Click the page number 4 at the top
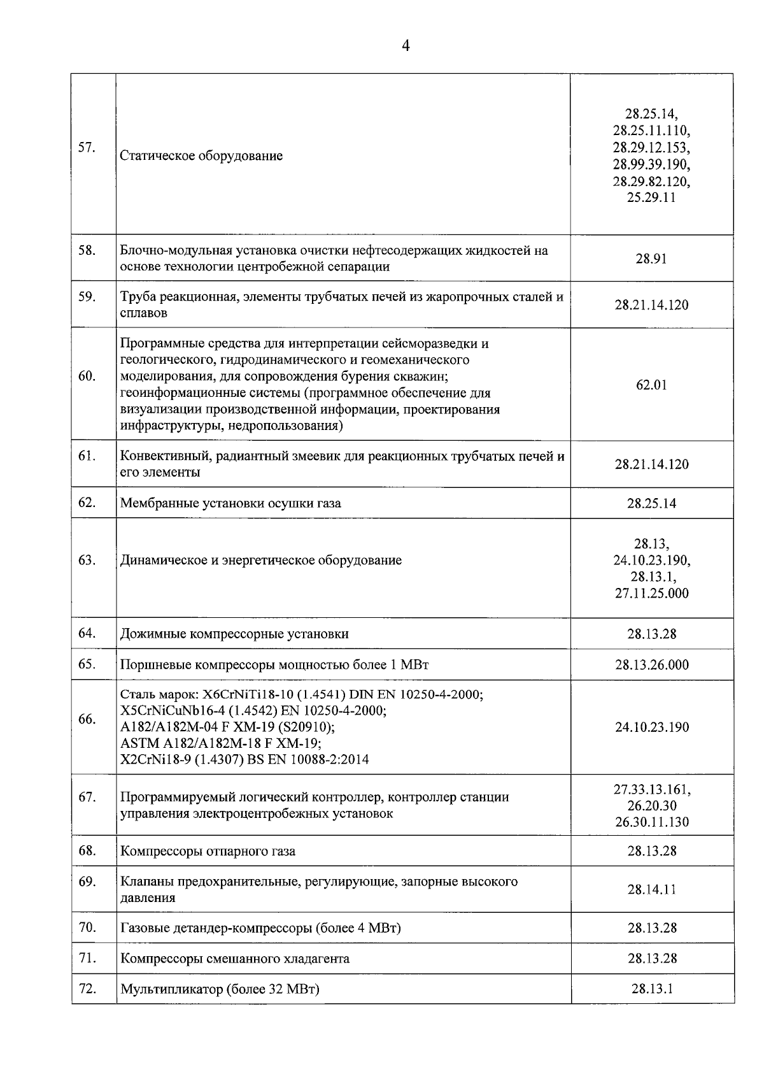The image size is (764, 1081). (406, 46)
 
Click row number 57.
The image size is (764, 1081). (87, 148)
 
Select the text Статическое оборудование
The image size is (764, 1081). (201, 156)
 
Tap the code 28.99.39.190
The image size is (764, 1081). (651, 164)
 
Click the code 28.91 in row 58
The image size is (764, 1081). (651, 259)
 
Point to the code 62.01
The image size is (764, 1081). (651, 385)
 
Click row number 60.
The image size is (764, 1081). (87, 376)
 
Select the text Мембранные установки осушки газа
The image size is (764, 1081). (230, 503)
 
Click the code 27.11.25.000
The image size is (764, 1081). (651, 593)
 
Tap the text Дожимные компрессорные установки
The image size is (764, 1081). (234, 634)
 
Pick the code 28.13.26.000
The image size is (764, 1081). (651, 664)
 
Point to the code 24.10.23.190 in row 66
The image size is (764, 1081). (651, 727)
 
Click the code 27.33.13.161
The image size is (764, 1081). (651, 789)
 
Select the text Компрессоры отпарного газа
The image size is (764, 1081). (208, 851)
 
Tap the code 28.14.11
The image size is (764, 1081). (651, 889)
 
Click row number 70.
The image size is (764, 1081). (87, 927)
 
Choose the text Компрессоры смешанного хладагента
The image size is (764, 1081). (234, 958)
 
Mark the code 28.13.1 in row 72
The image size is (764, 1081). (651, 989)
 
